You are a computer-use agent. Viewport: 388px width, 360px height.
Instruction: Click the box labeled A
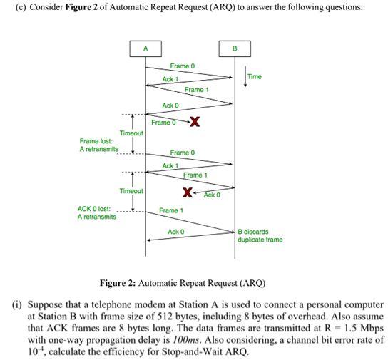(145, 48)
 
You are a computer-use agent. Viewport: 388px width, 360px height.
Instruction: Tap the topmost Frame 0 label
(182, 66)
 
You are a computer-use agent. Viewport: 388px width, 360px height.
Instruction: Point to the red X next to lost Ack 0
(187, 192)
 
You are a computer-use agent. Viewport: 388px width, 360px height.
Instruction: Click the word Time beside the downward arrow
(255, 76)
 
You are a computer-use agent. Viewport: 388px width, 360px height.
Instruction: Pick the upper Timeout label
(131, 133)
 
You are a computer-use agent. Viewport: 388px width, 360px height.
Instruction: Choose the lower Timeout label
(131, 191)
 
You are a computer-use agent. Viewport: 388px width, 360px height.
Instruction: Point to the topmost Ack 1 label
(170, 79)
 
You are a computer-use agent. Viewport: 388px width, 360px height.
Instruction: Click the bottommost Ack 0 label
(176, 232)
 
